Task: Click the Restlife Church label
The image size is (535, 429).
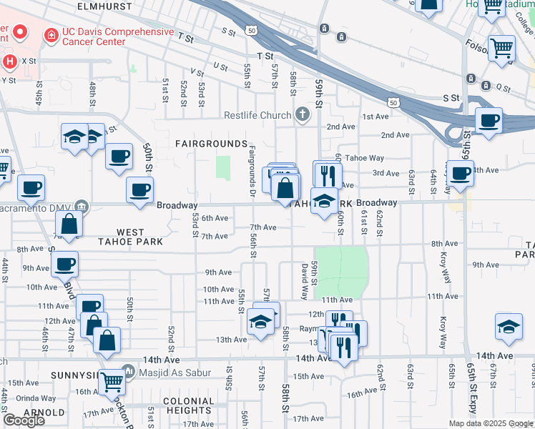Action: pyautogui.click(x=257, y=115)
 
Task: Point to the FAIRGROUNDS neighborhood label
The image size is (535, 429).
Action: pyautogui.click(x=207, y=144)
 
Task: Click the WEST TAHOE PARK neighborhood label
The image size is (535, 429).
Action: pyautogui.click(x=140, y=237)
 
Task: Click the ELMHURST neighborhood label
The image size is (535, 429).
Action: pyautogui.click(x=107, y=6)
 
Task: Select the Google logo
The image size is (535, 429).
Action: pyautogui.click(x=24, y=421)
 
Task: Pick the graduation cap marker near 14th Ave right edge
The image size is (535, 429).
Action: pyautogui.click(x=509, y=327)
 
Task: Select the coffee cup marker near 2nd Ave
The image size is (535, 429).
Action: pyautogui.click(x=489, y=120)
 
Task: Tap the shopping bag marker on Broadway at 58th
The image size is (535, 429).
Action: pyautogui.click(x=285, y=189)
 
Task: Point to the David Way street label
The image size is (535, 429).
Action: pyautogui.click(x=305, y=280)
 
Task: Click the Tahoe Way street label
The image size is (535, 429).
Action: pyautogui.click(x=364, y=158)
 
